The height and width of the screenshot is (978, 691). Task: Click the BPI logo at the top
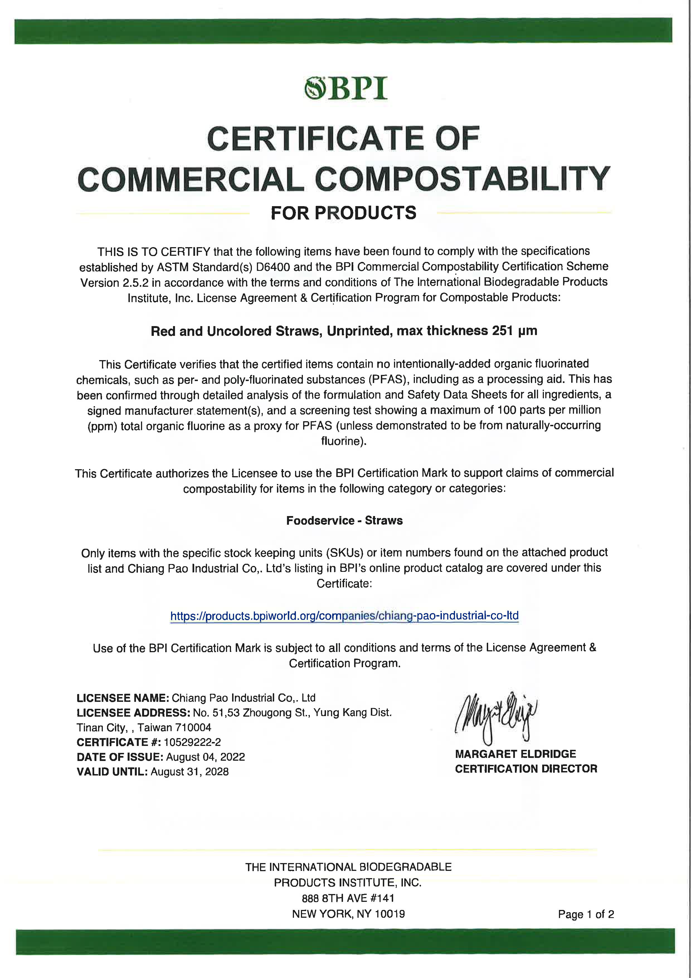click(x=345, y=88)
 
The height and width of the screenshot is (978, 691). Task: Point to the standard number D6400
click(x=273, y=267)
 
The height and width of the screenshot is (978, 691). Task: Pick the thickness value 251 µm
click(x=514, y=331)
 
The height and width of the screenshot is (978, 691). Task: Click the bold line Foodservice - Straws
click(x=344, y=521)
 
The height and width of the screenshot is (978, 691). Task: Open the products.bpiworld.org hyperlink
click(x=344, y=616)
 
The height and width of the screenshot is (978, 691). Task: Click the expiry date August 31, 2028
click(x=189, y=772)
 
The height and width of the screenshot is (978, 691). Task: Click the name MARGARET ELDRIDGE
click(x=515, y=754)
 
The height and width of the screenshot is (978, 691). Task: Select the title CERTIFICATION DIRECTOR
click(x=526, y=769)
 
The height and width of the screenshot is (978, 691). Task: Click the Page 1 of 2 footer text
click(x=586, y=914)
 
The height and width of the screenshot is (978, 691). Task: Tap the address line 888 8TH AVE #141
click(x=348, y=898)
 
